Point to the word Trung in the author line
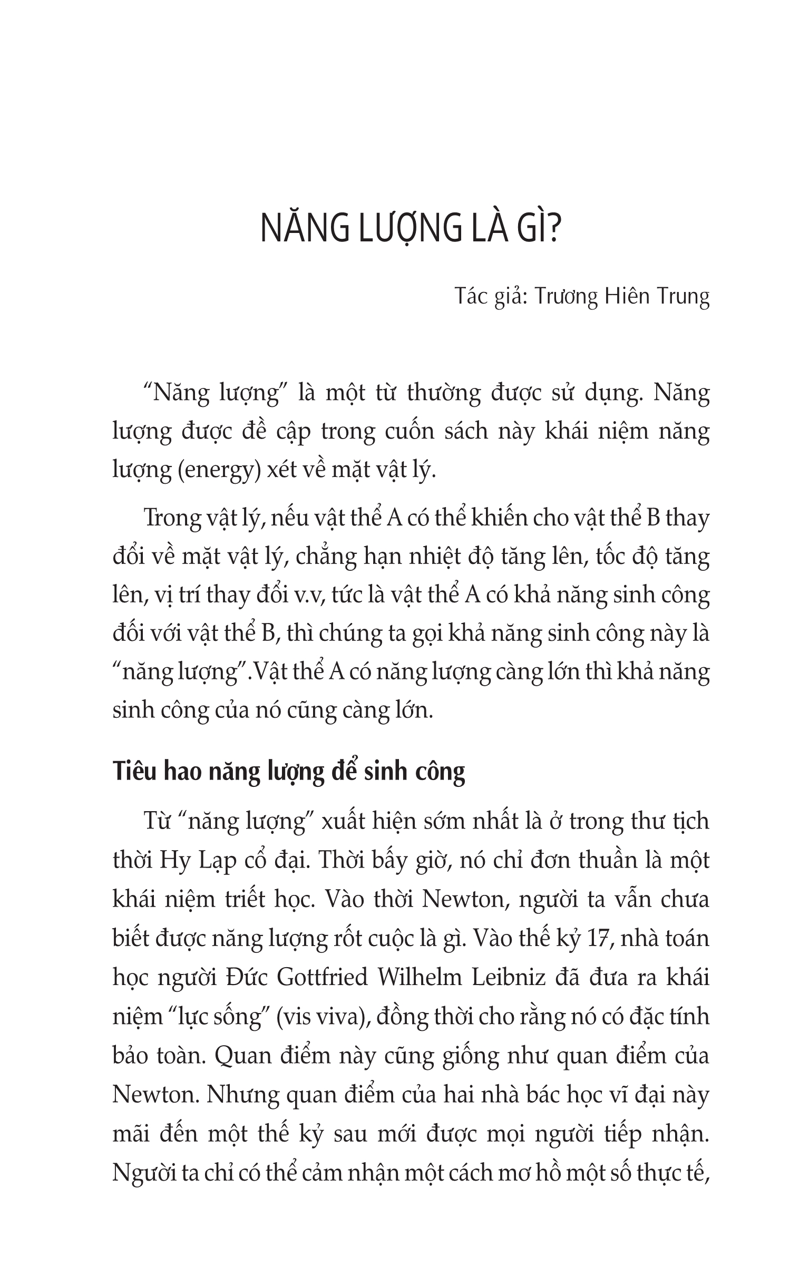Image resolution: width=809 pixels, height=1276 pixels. tap(683, 296)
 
